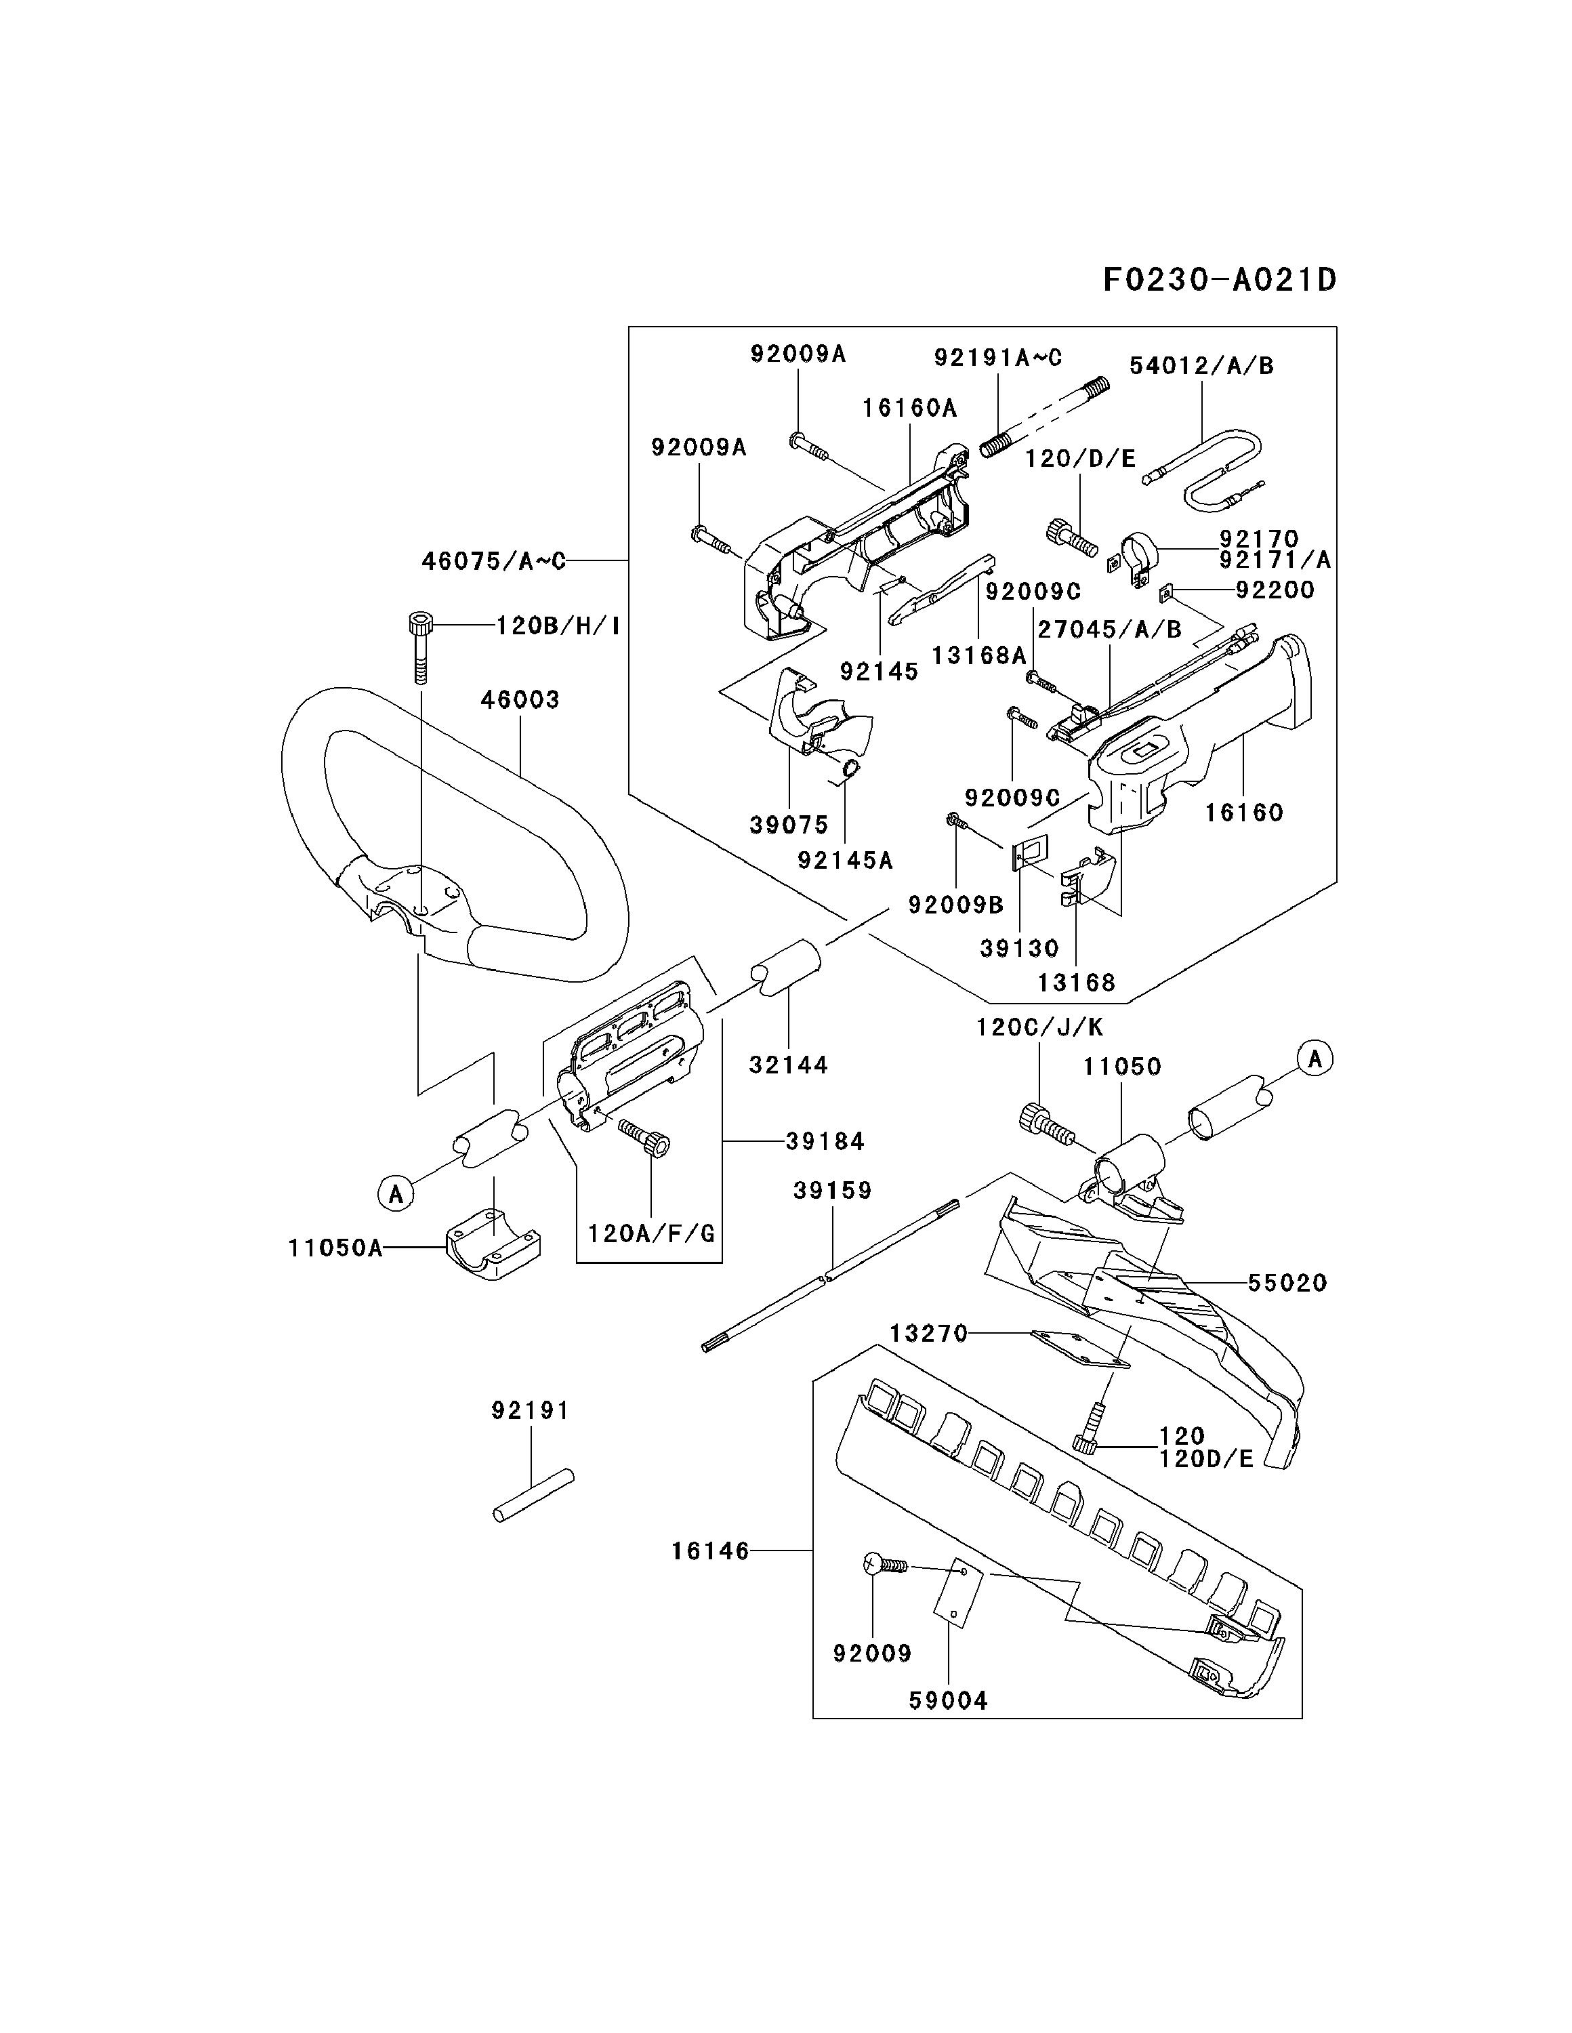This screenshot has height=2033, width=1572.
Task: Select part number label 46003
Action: (520, 699)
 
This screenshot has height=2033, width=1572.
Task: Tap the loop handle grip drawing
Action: (453, 834)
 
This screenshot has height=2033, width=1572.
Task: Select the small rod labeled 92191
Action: (533, 1496)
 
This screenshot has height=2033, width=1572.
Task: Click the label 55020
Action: (1288, 1283)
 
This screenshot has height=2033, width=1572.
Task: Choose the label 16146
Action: (710, 1551)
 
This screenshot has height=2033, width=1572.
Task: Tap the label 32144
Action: (788, 1065)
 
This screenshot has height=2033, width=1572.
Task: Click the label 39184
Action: (825, 1141)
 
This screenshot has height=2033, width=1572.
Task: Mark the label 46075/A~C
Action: (493, 561)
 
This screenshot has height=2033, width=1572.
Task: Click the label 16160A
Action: (909, 408)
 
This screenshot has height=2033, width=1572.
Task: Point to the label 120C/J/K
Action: (1039, 1027)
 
